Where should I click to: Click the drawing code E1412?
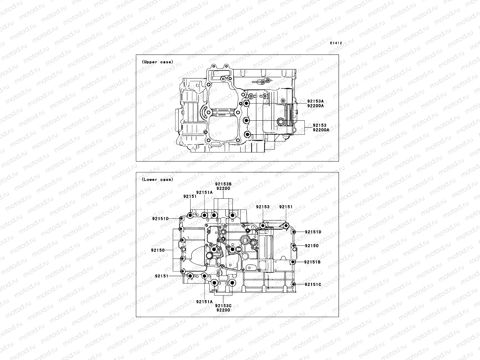[x=336, y=43]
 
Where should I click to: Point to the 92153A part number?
[x=315, y=101]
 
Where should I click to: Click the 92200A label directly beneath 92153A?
[x=315, y=106]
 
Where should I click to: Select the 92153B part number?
[x=223, y=184]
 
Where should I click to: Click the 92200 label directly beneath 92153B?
[x=223, y=189]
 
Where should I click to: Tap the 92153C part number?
[x=223, y=306]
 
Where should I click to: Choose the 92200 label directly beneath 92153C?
[x=223, y=310]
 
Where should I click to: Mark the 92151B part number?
[x=312, y=262]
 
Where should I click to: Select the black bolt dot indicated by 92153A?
[x=247, y=104]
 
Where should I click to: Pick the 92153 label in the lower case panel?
[x=262, y=207]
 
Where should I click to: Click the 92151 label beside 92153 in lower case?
[x=286, y=207]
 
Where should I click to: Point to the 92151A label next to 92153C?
[x=204, y=302]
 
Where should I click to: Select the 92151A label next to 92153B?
[x=204, y=192]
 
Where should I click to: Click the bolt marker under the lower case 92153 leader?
[x=263, y=226]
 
